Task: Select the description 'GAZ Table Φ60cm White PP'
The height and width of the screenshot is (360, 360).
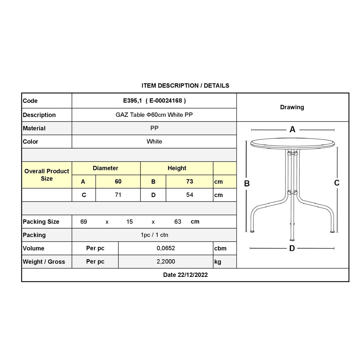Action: pos(154,115)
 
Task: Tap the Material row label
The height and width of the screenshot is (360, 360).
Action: pos(34,128)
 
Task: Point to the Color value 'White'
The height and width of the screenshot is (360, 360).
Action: pos(154,142)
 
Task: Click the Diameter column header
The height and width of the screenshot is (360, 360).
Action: pos(106,168)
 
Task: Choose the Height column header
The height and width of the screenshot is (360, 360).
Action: pos(177,168)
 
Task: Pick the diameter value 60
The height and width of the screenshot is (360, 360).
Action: pos(118,181)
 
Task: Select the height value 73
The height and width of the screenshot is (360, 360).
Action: pos(189,181)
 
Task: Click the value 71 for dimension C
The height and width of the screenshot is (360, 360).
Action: pos(118,195)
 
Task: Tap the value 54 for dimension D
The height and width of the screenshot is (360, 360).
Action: pos(189,195)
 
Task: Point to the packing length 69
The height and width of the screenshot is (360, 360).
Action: pos(84,222)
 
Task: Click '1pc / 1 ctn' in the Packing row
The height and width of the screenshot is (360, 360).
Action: pos(154,235)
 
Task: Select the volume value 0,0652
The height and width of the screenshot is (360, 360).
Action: pos(166,248)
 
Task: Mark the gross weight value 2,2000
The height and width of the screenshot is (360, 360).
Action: pos(166,261)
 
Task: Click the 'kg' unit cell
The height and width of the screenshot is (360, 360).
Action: pos(218,262)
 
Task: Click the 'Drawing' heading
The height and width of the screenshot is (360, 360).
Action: pos(292,107)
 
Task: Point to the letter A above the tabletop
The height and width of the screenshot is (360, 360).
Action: pos(292,129)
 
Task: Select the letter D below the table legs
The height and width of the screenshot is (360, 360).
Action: pos(292,248)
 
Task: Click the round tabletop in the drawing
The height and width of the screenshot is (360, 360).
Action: pos(292,143)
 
